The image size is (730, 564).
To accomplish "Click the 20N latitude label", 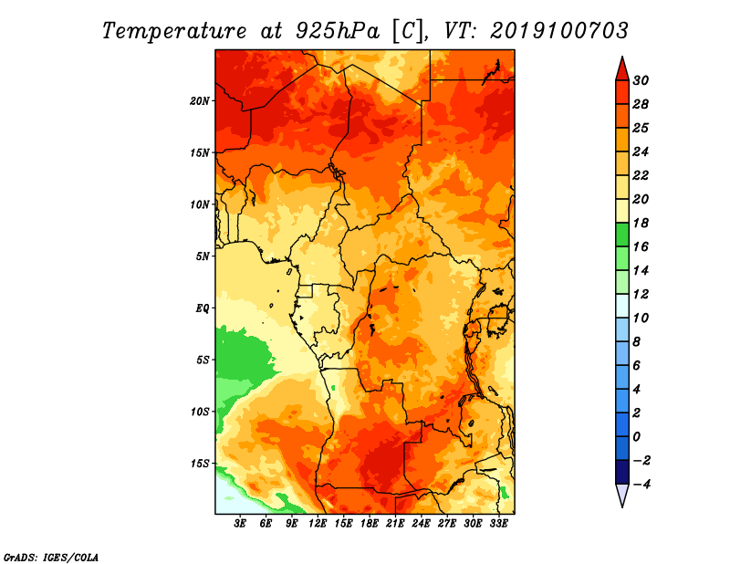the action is tap(200, 101).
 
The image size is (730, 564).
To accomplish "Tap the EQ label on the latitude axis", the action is tap(203, 308).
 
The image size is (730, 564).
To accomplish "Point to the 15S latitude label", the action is tap(200, 464).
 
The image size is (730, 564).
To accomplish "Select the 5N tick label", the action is tap(203, 256).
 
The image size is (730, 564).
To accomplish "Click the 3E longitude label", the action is tap(240, 524).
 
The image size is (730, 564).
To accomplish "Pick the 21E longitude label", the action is tap(395, 524).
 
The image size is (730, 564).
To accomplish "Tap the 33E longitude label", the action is tap(498, 524).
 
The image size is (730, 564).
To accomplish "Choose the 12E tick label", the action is tap(318, 524).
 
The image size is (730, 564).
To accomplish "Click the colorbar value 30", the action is tap(641, 80).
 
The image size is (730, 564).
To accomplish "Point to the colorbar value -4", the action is tap(641, 485).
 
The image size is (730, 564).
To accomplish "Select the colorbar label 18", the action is tap(641, 223).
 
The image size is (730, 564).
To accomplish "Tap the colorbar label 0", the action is tap(636, 437).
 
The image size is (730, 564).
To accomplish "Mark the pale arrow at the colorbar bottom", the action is tap(622, 496).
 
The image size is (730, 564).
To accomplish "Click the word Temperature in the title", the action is tap(174, 31).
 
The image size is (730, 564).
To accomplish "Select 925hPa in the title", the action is tap(338, 31).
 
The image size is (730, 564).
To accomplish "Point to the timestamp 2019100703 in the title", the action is tap(558, 31).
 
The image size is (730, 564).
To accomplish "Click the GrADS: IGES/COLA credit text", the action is tap(51, 558).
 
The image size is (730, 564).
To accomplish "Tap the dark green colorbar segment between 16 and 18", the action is tap(622, 235).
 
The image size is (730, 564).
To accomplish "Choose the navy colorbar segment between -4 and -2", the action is tap(622, 472).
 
